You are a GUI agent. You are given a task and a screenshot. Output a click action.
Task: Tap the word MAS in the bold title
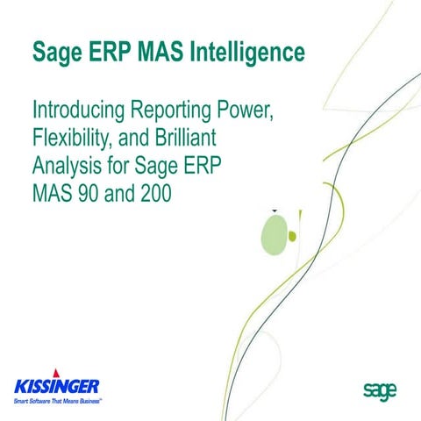pos(157,54)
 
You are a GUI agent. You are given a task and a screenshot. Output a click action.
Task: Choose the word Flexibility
pos(75,138)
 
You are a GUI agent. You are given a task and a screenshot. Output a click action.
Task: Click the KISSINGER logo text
pos(56,384)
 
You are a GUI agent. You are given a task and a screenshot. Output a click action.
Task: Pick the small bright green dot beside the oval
pos(293,235)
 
